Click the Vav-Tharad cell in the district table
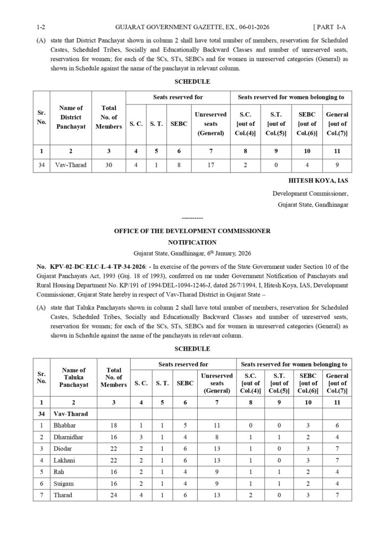coord(71,165)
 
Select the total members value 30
coord(108,165)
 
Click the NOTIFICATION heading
coord(192,242)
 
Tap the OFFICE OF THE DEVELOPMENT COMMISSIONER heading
coord(192,231)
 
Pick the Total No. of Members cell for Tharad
coord(113,495)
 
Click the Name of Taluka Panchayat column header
coord(74,377)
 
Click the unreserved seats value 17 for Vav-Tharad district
coord(211,165)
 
